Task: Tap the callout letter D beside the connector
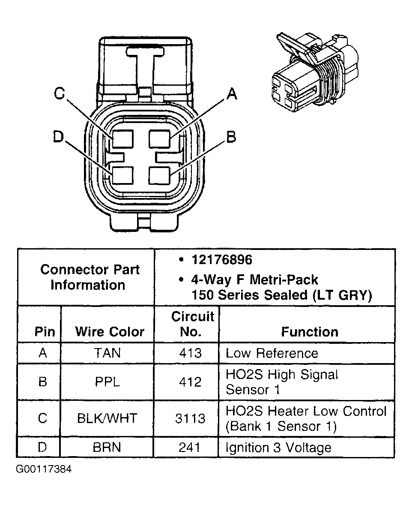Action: pos(59,137)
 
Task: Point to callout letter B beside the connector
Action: pos(231,137)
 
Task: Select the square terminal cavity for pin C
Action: pos(122,139)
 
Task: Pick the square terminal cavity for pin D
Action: pos(122,176)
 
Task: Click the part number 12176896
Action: pos(222,260)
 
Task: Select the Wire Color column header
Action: pos(110,331)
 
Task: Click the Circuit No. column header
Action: pos(192,324)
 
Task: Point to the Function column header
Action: pos(309,331)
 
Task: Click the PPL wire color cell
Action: pos(107,382)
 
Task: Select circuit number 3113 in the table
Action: pos(190,418)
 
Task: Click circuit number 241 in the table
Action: pos(189,447)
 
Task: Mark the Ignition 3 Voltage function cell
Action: pos(278,448)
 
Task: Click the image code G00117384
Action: pos(44,469)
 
